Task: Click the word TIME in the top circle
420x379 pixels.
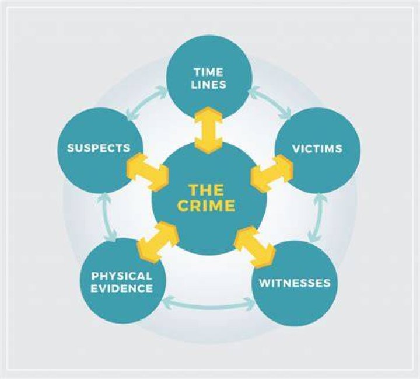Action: tap(209, 72)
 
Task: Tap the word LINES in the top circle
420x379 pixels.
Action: tap(209, 85)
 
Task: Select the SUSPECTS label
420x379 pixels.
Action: tap(99, 148)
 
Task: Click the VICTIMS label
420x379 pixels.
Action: tap(317, 148)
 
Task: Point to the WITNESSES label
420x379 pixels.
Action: tap(295, 283)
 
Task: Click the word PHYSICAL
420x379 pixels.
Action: tap(121, 276)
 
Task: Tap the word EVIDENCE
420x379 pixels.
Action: tap(121, 288)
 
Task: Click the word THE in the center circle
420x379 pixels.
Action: tap(206, 190)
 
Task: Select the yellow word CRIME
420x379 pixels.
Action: tap(206, 206)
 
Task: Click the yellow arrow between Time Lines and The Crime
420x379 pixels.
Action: tap(208, 130)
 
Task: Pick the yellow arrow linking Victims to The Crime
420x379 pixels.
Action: tap(272, 173)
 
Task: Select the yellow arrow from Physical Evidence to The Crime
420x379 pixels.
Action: tap(157, 241)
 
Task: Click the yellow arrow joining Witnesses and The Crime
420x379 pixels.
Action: tap(255, 247)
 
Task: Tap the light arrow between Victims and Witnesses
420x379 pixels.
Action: tap(317, 217)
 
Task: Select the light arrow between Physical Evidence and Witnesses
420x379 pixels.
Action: tap(209, 303)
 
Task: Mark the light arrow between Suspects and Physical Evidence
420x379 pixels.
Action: tap(107, 216)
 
